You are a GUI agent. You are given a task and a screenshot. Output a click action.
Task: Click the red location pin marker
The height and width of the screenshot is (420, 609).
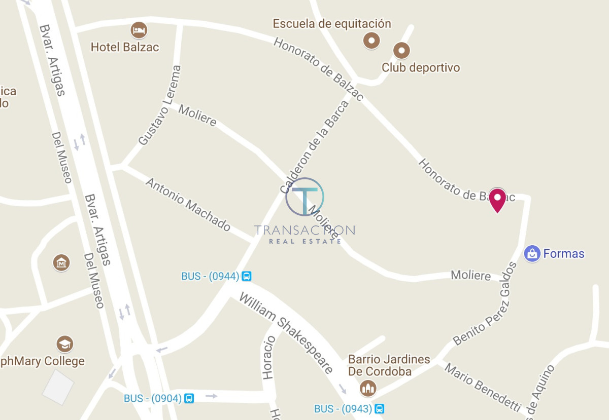pyautogui.click(x=497, y=200)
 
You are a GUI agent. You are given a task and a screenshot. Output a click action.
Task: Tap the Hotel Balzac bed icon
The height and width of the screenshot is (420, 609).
pyautogui.click(x=139, y=30)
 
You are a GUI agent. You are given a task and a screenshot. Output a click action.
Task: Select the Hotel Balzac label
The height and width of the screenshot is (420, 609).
pyautogui.click(x=125, y=47)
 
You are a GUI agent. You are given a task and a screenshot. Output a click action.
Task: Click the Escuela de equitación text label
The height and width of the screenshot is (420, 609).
pyautogui.click(x=332, y=24)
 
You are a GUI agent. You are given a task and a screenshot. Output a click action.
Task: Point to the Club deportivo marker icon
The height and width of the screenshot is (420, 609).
pyautogui.click(x=401, y=50)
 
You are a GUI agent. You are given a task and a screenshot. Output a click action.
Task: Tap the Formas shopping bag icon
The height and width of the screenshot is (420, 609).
pyautogui.click(x=532, y=253)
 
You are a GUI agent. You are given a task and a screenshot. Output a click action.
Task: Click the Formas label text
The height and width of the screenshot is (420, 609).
pyautogui.click(x=564, y=254)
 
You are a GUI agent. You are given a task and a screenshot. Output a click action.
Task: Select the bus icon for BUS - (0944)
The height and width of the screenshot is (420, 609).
pyautogui.click(x=247, y=277)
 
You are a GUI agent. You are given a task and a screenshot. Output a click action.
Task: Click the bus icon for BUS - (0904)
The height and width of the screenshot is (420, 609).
pyautogui.click(x=189, y=399)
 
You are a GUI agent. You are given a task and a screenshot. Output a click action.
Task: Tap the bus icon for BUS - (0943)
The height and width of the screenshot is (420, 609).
pyautogui.click(x=379, y=409)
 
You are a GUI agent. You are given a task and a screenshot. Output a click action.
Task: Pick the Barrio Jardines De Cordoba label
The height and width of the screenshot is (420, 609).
pyautogui.click(x=389, y=365)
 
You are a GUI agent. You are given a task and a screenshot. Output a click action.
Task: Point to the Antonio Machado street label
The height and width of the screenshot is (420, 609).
pyautogui.click(x=188, y=204)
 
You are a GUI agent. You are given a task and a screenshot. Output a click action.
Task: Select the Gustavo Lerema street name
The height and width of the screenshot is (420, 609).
pyautogui.click(x=159, y=105)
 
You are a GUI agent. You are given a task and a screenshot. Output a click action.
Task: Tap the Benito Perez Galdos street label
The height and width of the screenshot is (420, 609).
pyautogui.click(x=486, y=303)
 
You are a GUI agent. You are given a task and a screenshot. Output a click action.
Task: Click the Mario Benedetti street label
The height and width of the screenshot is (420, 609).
pyautogui.click(x=483, y=388)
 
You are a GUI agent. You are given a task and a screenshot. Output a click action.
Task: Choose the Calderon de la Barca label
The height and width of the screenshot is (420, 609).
pyautogui.click(x=315, y=147)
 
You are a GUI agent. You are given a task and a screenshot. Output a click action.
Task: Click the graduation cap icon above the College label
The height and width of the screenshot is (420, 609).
pyautogui.click(x=64, y=344)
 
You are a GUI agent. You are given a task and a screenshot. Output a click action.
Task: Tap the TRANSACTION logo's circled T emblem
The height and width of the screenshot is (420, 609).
pyautogui.click(x=304, y=197)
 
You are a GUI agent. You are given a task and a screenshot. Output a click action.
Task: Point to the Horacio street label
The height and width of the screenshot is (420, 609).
pyautogui.click(x=269, y=357)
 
